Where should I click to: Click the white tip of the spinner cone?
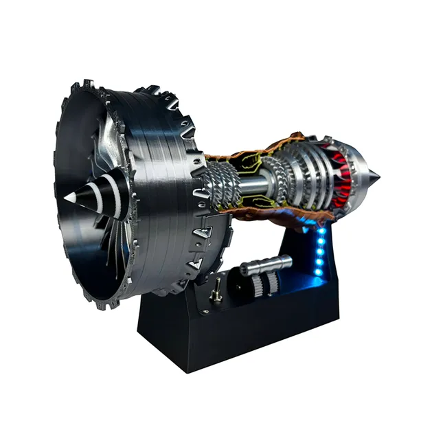(70, 197)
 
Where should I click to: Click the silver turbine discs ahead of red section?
(309, 175)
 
